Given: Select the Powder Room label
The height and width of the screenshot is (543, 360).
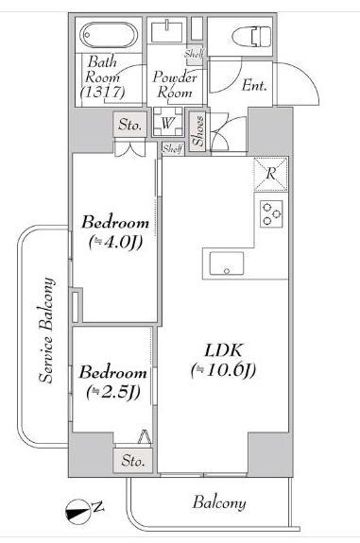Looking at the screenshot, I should coord(176,86).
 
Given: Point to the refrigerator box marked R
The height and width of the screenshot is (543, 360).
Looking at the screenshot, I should coord(269,174).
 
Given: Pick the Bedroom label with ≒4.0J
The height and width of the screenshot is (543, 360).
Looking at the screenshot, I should coord(114,223).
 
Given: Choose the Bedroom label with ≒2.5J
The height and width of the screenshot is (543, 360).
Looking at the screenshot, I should coord(112,372).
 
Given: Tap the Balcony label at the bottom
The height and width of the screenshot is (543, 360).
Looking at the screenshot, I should coord(219,502).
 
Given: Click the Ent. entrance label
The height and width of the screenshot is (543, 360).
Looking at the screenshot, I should coord(253,85).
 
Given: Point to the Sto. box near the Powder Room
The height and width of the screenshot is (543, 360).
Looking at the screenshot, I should coord(129,123).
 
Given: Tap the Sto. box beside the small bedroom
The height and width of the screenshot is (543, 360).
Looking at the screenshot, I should coord(132,461).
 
